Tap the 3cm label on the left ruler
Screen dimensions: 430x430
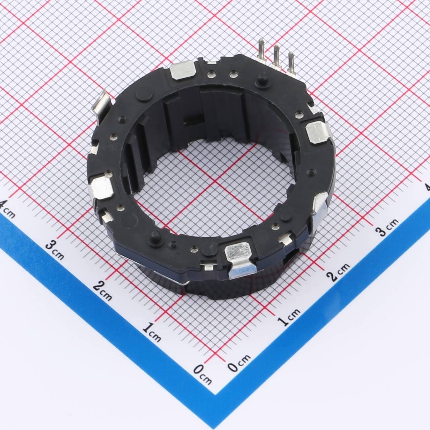pos(55,250)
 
